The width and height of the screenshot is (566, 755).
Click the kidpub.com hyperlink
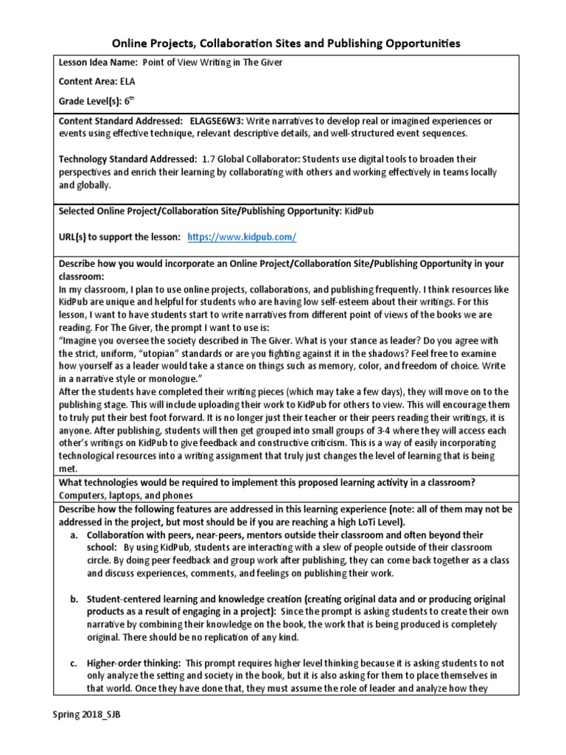click(242, 237)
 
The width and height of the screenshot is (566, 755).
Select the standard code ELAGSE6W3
click(216, 120)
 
